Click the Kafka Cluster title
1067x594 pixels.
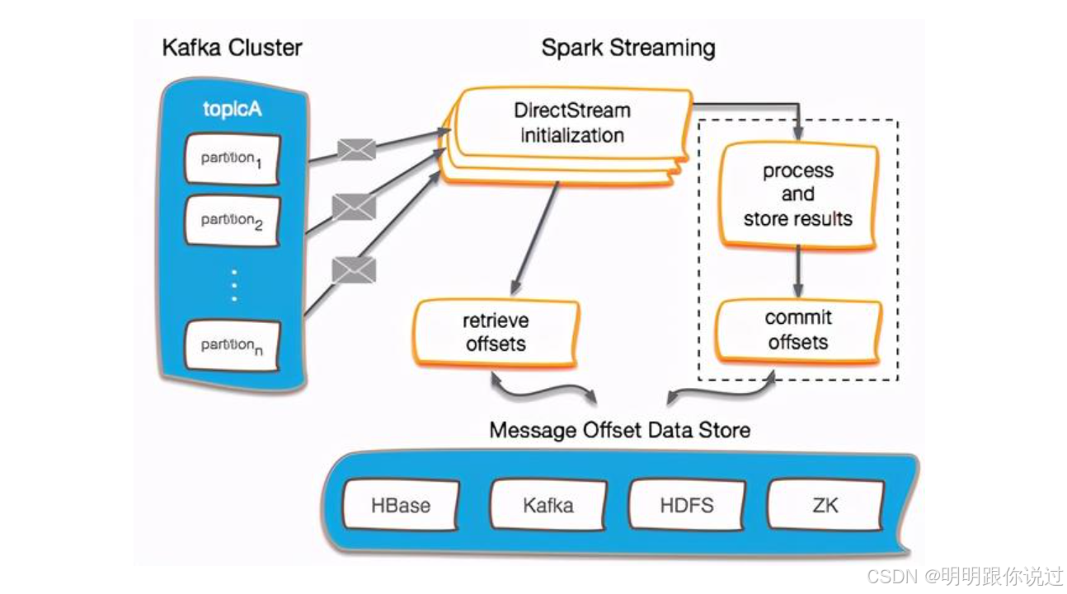(x=232, y=47)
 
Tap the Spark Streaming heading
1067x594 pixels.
(x=628, y=48)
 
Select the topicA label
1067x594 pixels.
(x=232, y=109)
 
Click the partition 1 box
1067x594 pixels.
(x=232, y=158)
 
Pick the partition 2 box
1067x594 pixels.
(x=232, y=220)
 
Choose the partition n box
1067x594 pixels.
(x=232, y=345)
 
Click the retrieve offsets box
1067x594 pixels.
(x=496, y=332)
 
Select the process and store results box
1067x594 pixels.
(x=797, y=195)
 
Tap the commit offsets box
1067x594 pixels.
(x=797, y=330)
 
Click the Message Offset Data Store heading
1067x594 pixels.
(x=619, y=430)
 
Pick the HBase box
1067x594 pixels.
(x=401, y=505)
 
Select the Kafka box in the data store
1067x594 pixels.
(x=548, y=505)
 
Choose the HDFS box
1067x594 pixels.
(x=687, y=505)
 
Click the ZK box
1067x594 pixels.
(x=825, y=505)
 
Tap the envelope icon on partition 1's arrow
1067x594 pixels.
(x=356, y=150)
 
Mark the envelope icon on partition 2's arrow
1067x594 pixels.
(x=354, y=207)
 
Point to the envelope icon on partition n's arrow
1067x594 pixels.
(x=354, y=269)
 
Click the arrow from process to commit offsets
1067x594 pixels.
(x=797, y=272)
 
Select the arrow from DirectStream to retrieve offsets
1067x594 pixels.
(x=536, y=239)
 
